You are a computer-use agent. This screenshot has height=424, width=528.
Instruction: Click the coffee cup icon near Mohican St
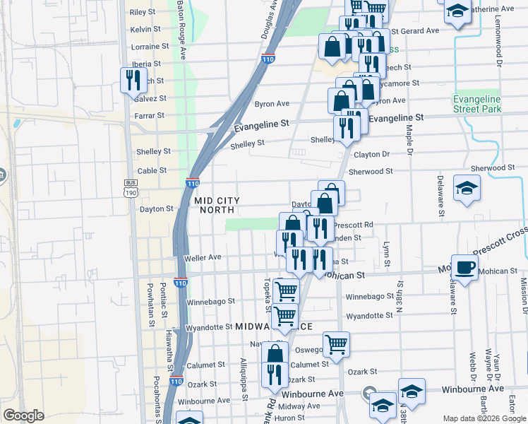click(x=464, y=267)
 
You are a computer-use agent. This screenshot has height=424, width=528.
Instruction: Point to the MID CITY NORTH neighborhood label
click(x=217, y=205)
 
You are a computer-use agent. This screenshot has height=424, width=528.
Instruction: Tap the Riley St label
click(x=142, y=12)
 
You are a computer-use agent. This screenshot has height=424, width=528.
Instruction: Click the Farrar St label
click(x=150, y=115)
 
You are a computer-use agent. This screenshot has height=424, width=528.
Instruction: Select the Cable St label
click(x=152, y=170)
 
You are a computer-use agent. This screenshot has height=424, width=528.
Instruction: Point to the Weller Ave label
click(x=203, y=258)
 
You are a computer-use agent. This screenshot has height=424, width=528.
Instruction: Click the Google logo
click(x=23, y=416)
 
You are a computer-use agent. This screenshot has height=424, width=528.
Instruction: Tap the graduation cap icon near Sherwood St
click(x=467, y=188)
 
